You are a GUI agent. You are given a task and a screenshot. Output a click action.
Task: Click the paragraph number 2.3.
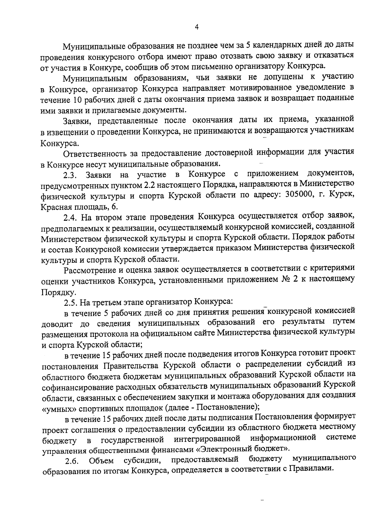pos(70,175)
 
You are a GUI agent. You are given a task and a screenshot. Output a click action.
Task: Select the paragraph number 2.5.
pos(70,303)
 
